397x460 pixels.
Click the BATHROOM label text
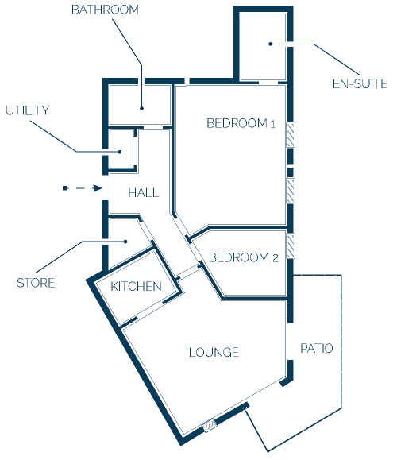[105, 10]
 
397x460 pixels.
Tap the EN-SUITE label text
[360, 84]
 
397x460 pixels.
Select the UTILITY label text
[27, 110]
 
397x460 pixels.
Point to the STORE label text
[36, 283]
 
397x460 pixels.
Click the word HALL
[144, 193]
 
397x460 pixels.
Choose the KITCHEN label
[136, 286]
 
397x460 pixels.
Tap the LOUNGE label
[214, 352]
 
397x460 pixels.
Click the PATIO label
[317, 348]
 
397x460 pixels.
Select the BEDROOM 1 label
[241, 123]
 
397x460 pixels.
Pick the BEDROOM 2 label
[243, 257]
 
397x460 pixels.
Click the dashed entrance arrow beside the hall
[83, 188]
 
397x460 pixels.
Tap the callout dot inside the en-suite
[271, 44]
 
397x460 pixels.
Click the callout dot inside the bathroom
[141, 108]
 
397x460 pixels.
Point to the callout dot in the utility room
[120, 152]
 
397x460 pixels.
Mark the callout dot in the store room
[125, 242]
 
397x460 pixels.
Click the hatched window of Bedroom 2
[291, 245]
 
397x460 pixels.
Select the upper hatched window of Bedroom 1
[291, 134]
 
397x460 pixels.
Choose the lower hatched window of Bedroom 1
[291, 191]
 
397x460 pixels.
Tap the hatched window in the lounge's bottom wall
[210, 426]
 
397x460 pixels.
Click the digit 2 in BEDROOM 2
[276, 258]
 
